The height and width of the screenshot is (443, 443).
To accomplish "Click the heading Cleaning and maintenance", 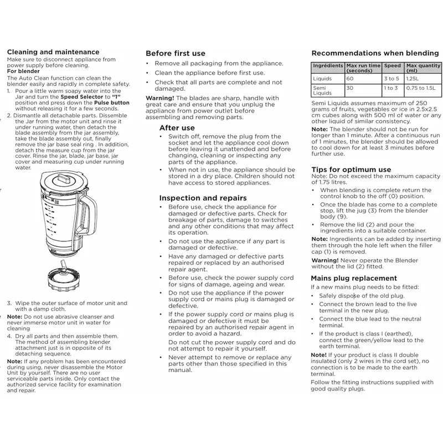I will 53,52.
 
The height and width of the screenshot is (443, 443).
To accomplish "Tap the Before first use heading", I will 175,54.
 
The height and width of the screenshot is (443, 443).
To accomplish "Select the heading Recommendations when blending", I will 375,53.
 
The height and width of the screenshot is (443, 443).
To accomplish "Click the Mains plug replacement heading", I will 354,278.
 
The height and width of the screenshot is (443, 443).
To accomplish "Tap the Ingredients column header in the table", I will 328,65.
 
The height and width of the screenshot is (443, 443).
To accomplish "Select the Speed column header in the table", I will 392,65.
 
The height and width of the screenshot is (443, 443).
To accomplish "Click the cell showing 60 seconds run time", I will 350,79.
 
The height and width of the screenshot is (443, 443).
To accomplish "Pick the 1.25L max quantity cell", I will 413,79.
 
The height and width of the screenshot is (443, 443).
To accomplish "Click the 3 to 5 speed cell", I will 392,79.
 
